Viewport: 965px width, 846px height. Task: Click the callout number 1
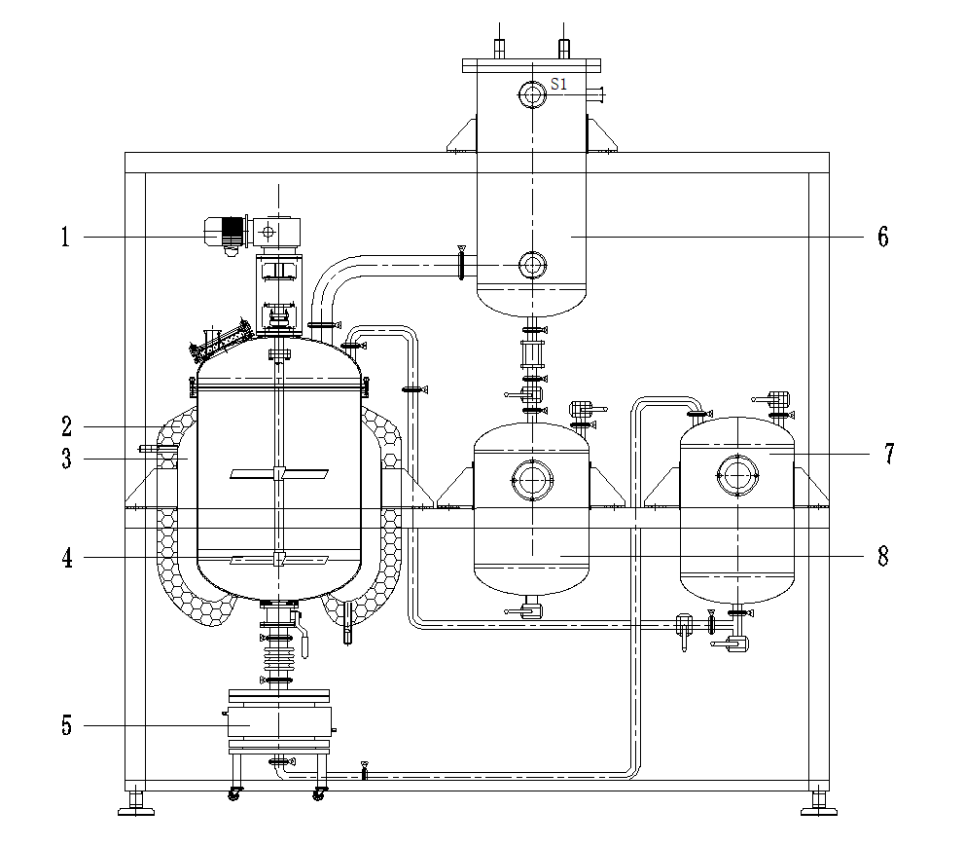click(x=66, y=237)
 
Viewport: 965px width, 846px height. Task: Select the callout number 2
click(x=66, y=426)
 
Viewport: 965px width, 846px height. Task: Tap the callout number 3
click(x=66, y=459)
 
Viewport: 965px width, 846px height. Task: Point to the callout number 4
click(x=66, y=557)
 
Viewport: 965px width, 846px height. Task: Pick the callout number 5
click(x=66, y=725)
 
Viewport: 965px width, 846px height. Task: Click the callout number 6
click(x=882, y=237)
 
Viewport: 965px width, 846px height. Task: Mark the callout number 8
click(x=882, y=557)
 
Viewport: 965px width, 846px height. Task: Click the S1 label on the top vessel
click(x=558, y=85)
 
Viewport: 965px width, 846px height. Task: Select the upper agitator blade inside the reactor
click(x=279, y=474)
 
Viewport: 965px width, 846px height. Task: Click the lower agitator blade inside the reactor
click(x=279, y=559)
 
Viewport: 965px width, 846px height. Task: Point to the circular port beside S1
click(x=531, y=93)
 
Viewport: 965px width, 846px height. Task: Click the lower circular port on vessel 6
click(x=531, y=264)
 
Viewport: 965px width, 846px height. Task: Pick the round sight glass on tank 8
click(x=531, y=478)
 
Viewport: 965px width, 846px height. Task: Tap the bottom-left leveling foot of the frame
click(x=136, y=805)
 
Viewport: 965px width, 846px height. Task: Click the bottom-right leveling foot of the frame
click(x=819, y=805)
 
